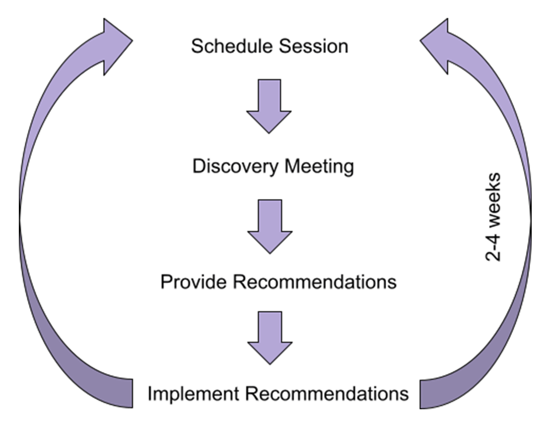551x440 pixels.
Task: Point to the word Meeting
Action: [x=319, y=167]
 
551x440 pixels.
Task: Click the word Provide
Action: [x=193, y=281]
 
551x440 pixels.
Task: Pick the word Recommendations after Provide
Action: [x=314, y=281]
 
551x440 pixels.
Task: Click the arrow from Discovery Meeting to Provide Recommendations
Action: [x=270, y=226]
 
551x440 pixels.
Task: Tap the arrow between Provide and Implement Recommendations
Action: [x=270, y=338]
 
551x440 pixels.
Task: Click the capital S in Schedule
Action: [x=197, y=47]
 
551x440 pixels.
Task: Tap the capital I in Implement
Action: [x=150, y=394]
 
